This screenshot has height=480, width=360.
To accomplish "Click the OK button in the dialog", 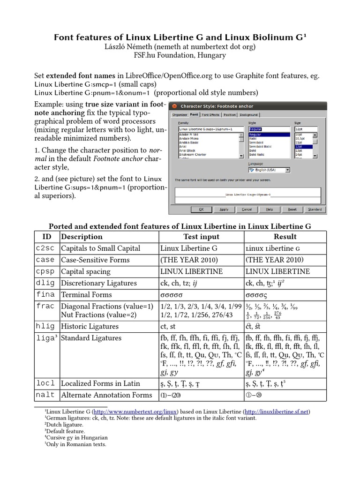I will pyautogui.click(x=201, y=210).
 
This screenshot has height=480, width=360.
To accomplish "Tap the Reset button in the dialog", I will pyautogui.click(x=292, y=210).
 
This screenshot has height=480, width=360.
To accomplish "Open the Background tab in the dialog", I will pyautogui.click(x=248, y=114).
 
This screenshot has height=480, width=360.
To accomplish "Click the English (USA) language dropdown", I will pyautogui.click(x=270, y=170).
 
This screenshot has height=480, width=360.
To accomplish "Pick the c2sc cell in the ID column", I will pyautogui.click(x=46, y=248).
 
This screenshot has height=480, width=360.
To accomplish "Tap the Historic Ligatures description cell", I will pyautogui.click(x=90, y=326).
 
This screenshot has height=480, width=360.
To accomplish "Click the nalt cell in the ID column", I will pyautogui.click(x=45, y=395).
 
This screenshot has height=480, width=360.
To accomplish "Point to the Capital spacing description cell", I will pyautogui.click(x=86, y=271).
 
